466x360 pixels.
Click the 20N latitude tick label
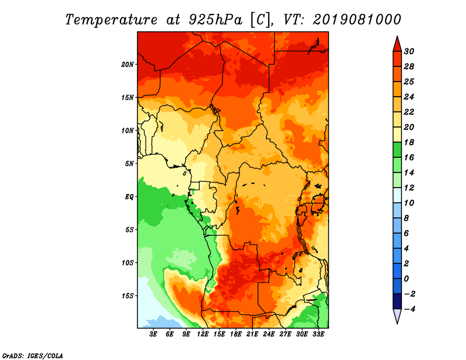(x=128, y=65)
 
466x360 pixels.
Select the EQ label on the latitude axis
(x=129, y=197)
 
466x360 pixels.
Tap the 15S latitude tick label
(x=128, y=296)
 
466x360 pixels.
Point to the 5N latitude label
(x=129, y=164)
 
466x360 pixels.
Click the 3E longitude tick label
(x=153, y=334)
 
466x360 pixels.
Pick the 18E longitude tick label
(x=236, y=334)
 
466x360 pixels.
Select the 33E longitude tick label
(x=318, y=334)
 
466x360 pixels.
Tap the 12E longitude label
(x=203, y=334)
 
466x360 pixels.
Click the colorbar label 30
(x=409, y=51)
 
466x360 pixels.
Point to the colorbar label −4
(x=409, y=309)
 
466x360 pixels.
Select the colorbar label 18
(x=409, y=142)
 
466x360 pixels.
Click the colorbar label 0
(x=406, y=279)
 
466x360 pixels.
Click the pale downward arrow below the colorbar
(x=397, y=315)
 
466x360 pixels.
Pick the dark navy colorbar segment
(x=397, y=301)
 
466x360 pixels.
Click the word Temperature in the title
(x=111, y=20)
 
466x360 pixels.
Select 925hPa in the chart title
(x=216, y=20)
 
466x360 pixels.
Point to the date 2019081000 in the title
(x=356, y=19)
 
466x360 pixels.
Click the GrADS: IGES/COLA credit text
(x=33, y=356)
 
